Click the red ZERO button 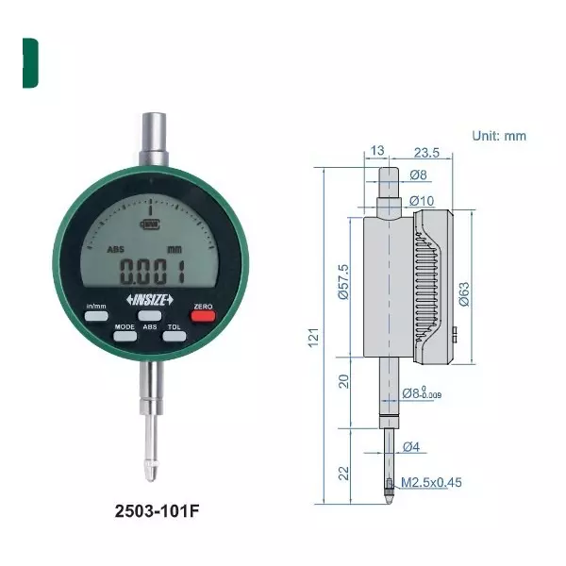point(203,316)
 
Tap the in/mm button point(97,316)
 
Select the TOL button point(174,336)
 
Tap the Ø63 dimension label point(463,295)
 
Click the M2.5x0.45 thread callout point(433,483)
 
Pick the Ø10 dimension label point(421,200)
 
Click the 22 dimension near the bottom point(343,468)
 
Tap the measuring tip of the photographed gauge point(150,464)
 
